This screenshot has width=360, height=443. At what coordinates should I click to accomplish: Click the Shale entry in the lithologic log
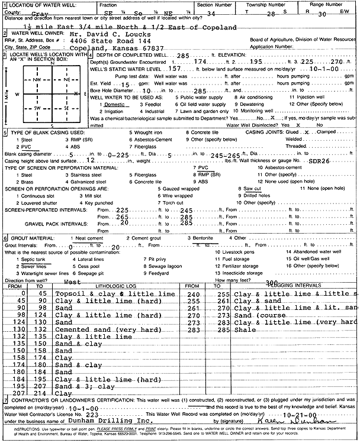pyautogui.click(x=244, y=330)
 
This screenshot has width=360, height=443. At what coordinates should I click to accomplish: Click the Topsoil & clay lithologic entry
pyautogui.click(x=115, y=293)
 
